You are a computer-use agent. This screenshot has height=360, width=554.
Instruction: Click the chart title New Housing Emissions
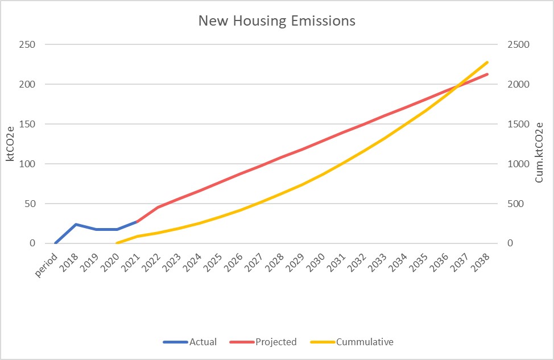[x=276, y=21]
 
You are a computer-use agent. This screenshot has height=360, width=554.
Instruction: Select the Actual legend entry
[x=202, y=342]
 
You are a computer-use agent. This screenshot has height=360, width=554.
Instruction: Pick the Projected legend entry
[x=276, y=342]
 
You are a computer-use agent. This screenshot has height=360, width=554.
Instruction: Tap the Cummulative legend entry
[x=365, y=342]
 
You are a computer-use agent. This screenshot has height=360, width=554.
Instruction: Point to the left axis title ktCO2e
[x=10, y=144]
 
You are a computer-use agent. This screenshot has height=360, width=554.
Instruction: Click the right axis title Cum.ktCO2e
[x=539, y=152]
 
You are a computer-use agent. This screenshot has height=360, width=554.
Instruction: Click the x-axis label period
[x=47, y=263]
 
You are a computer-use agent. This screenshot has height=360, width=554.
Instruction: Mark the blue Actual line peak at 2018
[x=76, y=224]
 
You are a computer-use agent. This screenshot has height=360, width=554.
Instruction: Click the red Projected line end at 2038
[x=487, y=74]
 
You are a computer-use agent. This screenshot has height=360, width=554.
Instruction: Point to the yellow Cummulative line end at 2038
[x=487, y=62]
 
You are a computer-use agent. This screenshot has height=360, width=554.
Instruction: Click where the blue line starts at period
[x=56, y=243]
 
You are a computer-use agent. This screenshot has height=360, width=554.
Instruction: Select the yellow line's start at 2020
[x=117, y=243]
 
